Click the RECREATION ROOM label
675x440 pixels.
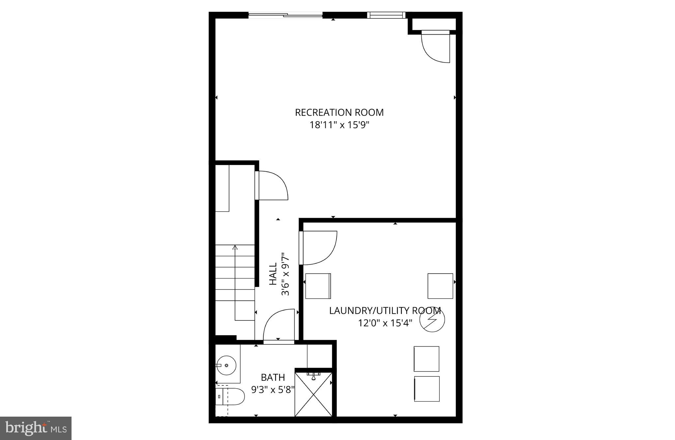(x=339, y=113)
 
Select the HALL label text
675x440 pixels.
(x=273, y=274)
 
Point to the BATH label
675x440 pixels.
(x=273, y=377)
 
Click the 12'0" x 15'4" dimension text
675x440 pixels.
(x=385, y=323)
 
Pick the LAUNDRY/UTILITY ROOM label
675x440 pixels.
(x=385, y=311)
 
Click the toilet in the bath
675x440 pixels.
(x=231, y=397)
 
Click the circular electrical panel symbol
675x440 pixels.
(x=432, y=320)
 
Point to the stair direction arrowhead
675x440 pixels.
(x=235, y=247)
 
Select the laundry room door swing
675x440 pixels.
(x=318, y=248)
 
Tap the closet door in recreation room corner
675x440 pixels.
(x=436, y=46)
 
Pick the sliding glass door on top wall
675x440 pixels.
(x=285, y=14)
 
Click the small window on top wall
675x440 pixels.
(x=386, y=14)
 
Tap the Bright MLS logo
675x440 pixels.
(x=36, y=428)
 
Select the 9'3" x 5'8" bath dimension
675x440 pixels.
(x=273, y=390)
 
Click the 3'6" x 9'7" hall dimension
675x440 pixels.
(x=285, y=274)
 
